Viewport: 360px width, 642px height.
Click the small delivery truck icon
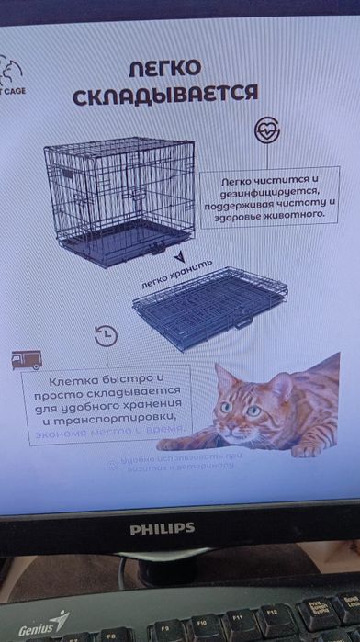coord(23,359)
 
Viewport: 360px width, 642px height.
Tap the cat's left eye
coord(253,411)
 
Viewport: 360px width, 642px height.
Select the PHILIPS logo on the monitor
coord(162,527)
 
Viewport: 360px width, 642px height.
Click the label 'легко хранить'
coord(175,275)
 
